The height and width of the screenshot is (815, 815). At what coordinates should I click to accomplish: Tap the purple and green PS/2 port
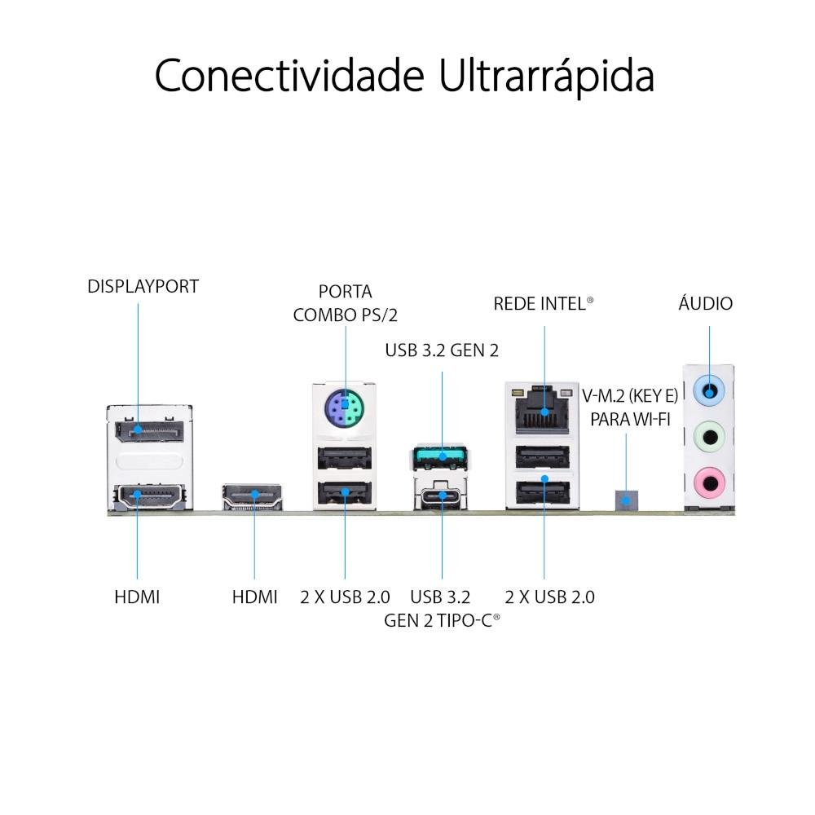click(x=344, y=407)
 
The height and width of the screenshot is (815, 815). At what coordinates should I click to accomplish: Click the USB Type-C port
click(x=440, y=496)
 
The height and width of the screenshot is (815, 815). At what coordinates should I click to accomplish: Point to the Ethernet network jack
click(x=542, y=411)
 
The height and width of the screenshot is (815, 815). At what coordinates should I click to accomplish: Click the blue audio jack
click(x=710, y=390)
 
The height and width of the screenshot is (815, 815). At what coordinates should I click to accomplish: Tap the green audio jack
click(x=710, y=437)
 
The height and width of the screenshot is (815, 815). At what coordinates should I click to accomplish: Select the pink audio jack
click(x=710, y=482)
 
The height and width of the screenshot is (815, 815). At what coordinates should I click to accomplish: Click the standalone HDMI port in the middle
click(x=252, y=496)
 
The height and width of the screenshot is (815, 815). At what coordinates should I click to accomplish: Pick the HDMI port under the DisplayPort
click(x=149, y=496)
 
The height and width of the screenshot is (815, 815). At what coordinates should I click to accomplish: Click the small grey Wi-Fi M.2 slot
click(x=626, y=500)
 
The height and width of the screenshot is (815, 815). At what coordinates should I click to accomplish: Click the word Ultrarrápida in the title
click(x=546, y=77)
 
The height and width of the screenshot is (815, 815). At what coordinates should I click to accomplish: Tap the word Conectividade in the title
click(x=289, y=75)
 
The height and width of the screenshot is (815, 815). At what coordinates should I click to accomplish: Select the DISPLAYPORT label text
click(x=143, y=286)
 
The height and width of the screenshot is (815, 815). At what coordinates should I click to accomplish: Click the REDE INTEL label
click(x=543, y=303)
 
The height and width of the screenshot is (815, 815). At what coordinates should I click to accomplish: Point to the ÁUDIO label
click(x=705, y=302)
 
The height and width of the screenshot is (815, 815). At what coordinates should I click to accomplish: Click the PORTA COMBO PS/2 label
click(x=345, y=303)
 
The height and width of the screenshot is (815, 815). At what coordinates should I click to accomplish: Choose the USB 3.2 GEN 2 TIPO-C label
click(x=442, y=608)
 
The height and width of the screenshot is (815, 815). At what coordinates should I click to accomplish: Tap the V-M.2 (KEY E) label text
click(x=630, y=396)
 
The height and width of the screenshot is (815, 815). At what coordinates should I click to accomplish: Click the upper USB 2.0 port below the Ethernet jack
click(x=542, y=457)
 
